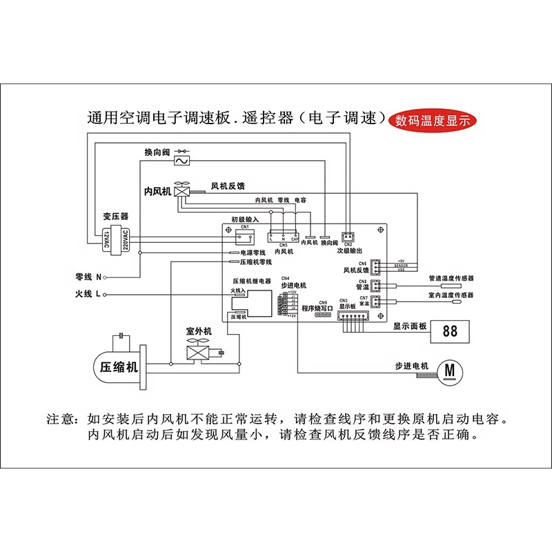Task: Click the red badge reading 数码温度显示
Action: [433, 119]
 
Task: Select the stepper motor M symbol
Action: [450, 371]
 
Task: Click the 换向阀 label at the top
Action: [157, 152]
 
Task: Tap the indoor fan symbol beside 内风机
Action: [183, 190]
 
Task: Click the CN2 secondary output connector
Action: [347, 235]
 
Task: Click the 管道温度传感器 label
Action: [451, 278]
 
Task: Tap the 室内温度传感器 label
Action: [451, 295]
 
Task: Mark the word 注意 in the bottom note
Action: [59, 419]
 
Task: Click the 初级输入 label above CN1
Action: [245, 219]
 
